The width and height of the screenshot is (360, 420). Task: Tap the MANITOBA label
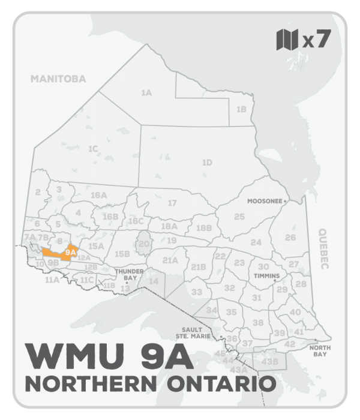pyautogui.click(x=59, y=79)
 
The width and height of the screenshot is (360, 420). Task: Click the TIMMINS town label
pyautogui.click(x=267, y=276)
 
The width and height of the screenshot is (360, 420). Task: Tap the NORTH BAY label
pyautogui.click(x=317, y=350)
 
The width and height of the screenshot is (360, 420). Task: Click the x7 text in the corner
pyautogui.click(x=317, y=41)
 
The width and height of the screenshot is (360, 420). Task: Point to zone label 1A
pyautogui.click(x=146, y=93)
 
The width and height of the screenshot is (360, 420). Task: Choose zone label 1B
pyautogui.click(x=241, y=109)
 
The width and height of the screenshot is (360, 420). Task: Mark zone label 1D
pyautogui.click(x=207, y=163)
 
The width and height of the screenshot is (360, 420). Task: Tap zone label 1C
pyautogui.click(x=92, y=149)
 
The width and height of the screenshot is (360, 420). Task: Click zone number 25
pyautogui.click(x=239, y=217)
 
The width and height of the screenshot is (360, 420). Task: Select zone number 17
pyautogui.click(x=172, y=203)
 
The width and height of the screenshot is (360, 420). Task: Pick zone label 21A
pyautogui.click(x=170, y=260)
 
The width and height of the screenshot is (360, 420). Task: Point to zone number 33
pyautogui.click(x=196, y=292)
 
